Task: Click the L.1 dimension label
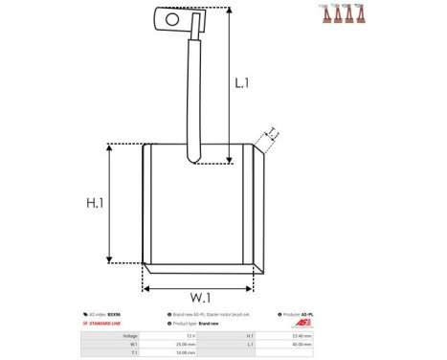tap(242, 83)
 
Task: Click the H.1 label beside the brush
tap(95, 203)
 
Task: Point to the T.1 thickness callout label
tap(272, 132)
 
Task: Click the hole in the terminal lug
tap(171, 17)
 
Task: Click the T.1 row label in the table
tap(133, 351)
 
